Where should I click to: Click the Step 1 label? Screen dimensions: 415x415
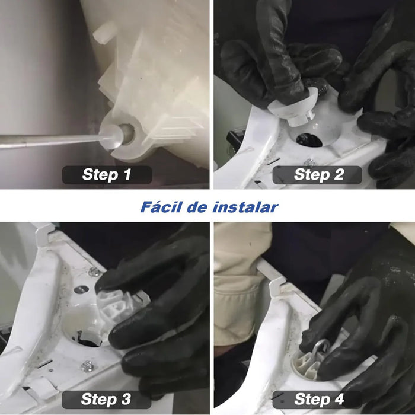point(107,175)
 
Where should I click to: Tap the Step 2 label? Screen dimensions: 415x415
point(317,175)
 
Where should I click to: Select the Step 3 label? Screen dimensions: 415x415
point(106,399)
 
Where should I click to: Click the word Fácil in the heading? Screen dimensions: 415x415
point(161,207)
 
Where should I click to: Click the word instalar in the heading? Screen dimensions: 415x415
point(245,207)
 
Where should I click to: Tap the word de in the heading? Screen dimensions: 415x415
point(197,207)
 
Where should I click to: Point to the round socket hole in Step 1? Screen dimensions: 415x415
point(127,134)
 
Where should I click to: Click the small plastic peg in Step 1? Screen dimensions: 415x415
point(105,34)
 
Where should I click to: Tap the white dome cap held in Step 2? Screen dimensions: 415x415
point(293,108)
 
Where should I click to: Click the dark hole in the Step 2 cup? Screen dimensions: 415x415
point(309,140)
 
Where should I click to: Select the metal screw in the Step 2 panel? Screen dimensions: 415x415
point(309,162)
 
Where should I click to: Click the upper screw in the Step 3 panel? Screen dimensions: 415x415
point(94,272)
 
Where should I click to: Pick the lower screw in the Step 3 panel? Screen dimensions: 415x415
point(87,366)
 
